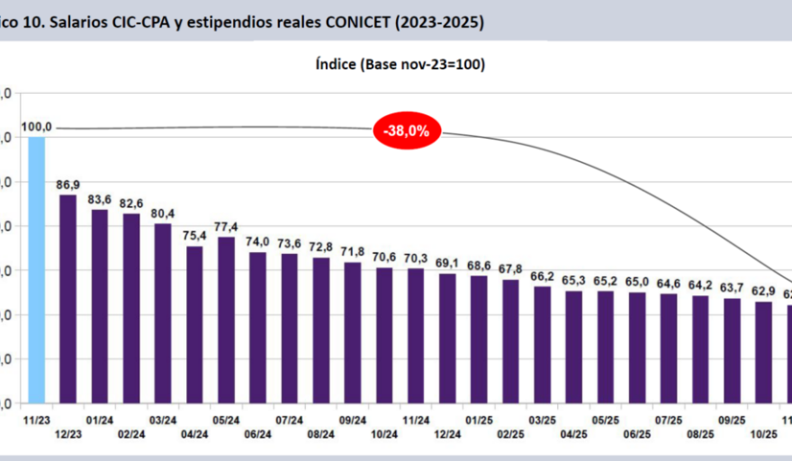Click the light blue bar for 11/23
tap(36, 270)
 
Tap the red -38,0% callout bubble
tap(406, 131)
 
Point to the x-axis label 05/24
tap(226, 420)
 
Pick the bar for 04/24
tap(194, 324)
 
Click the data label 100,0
tap(36, 127)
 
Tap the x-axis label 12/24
tap(447, 433)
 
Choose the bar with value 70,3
tap(416, 335)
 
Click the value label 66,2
tap(542, 276)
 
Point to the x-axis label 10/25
tap(763, 433)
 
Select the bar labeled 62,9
tap(763, 352)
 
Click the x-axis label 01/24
tap(100, 420)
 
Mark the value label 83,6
tap(100, 199)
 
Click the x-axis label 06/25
tap(637, 433)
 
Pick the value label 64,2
tap(700, 285)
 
